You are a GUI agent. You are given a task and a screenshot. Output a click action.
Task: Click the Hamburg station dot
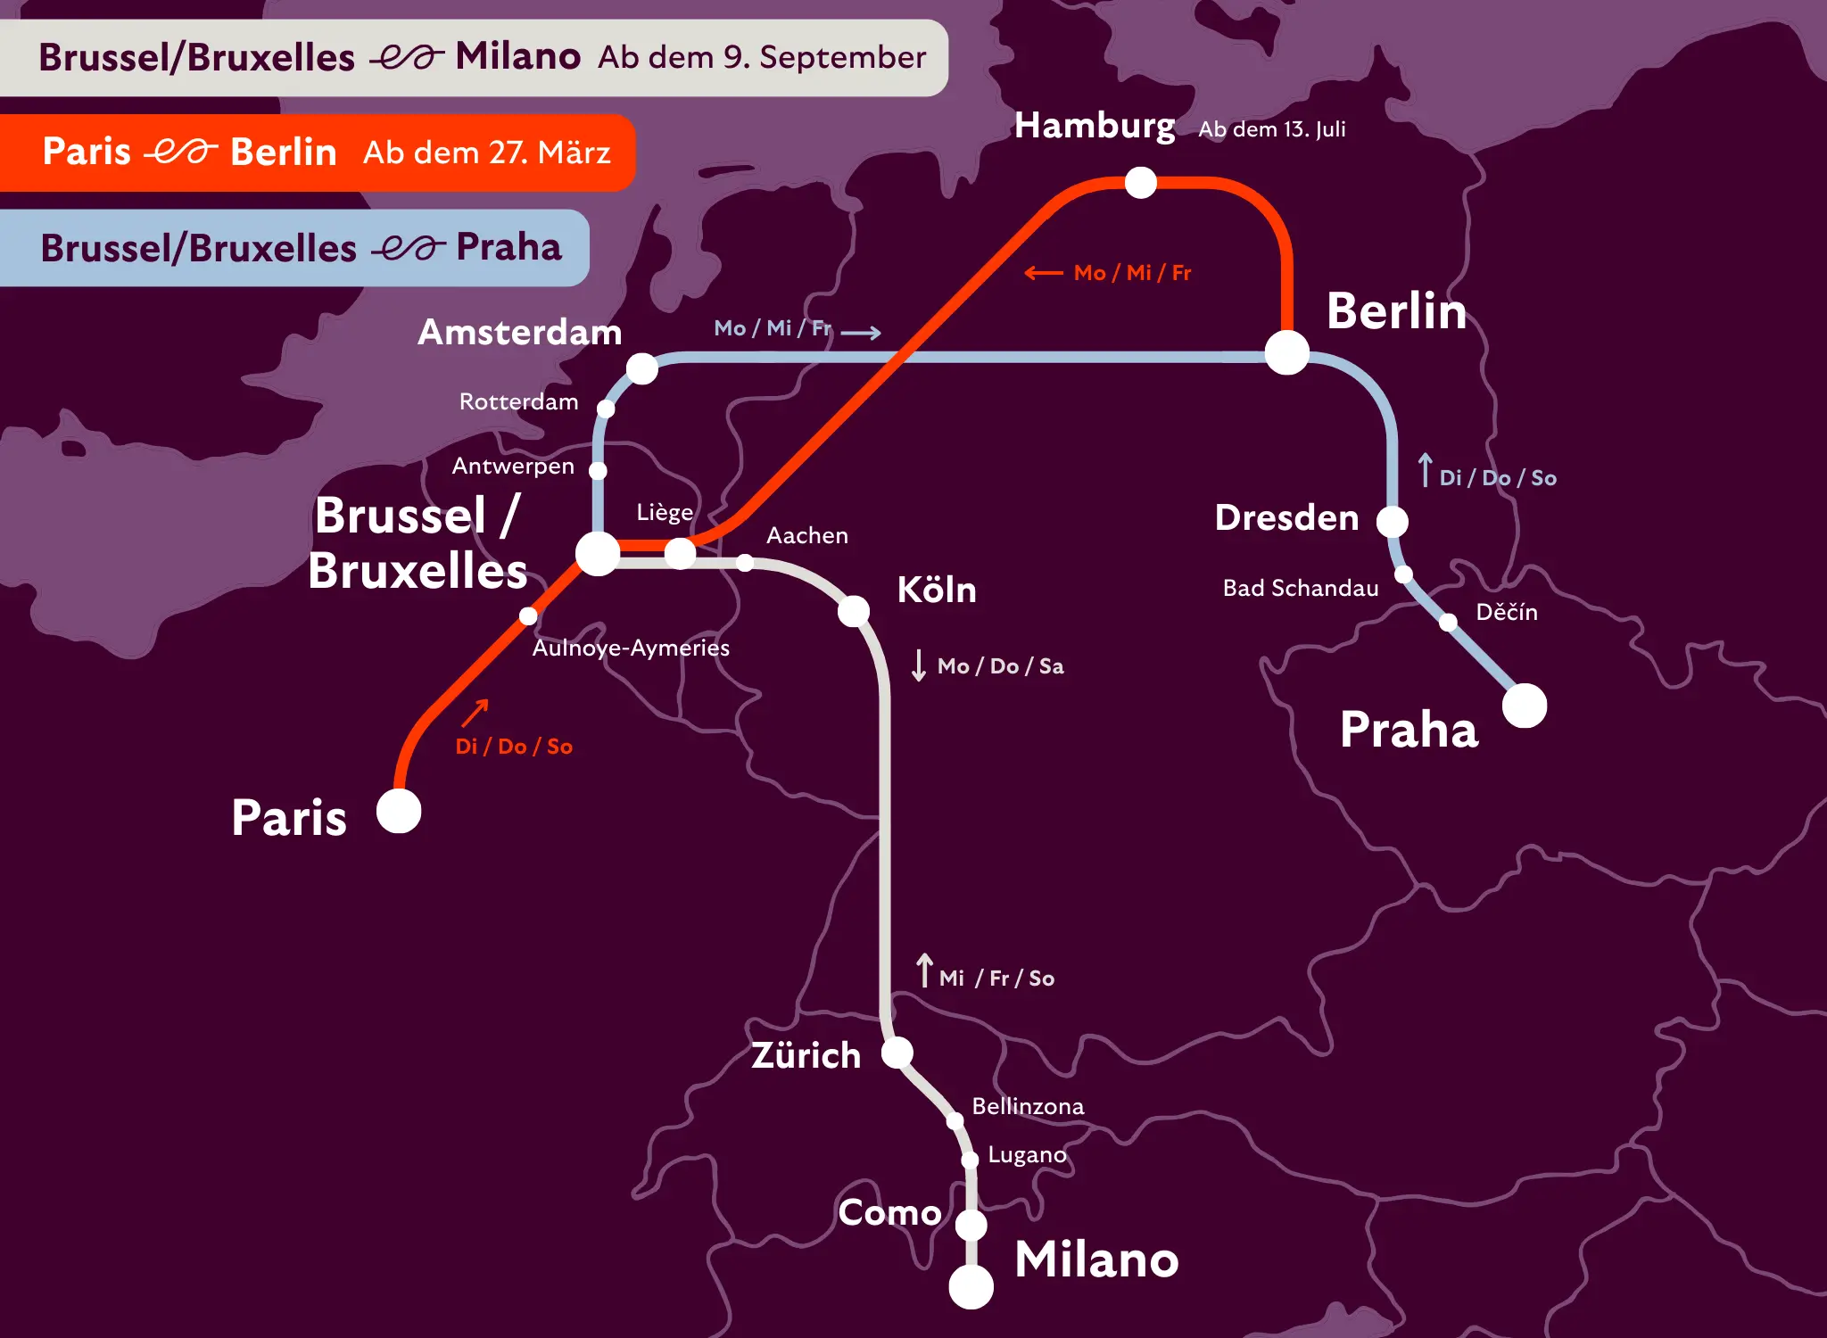pos(1140,183)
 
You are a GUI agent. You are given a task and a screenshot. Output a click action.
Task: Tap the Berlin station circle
pos(1287,352)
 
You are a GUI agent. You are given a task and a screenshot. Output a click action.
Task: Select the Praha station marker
pos(1525,706)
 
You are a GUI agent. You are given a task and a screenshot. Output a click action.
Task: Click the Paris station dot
pos(399,812)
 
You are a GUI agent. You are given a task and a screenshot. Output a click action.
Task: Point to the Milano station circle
pos(971,1286)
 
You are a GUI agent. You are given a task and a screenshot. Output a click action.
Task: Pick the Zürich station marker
pos(897,1053)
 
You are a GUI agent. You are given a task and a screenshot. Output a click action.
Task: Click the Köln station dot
pos(854,611)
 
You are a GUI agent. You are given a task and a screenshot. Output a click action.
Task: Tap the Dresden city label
pos(1286,518)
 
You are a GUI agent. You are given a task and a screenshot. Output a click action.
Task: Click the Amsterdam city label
pos(520,333)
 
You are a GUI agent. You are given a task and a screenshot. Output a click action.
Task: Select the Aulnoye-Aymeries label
pos(631,648)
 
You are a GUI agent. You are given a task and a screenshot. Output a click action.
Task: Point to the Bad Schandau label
pos(1301,589)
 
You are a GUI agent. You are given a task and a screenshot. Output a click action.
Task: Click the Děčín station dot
pos(1449,622)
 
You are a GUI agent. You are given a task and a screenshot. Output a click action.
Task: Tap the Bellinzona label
pos(1028,1107)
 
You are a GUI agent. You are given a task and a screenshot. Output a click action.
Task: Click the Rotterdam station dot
pos(606,409)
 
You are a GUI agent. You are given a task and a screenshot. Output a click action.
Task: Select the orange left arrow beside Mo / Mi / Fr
pos(1043,273)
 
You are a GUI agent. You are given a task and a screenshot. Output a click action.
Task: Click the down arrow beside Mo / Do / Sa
pos(919,665)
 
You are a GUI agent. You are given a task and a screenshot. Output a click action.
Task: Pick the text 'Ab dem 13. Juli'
pos(1271,130)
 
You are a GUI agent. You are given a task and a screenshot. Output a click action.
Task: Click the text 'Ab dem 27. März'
pos(487,153)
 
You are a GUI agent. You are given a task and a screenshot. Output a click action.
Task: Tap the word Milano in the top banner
pos(517,57)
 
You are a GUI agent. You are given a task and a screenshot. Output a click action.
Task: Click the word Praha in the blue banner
pos(508,248)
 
